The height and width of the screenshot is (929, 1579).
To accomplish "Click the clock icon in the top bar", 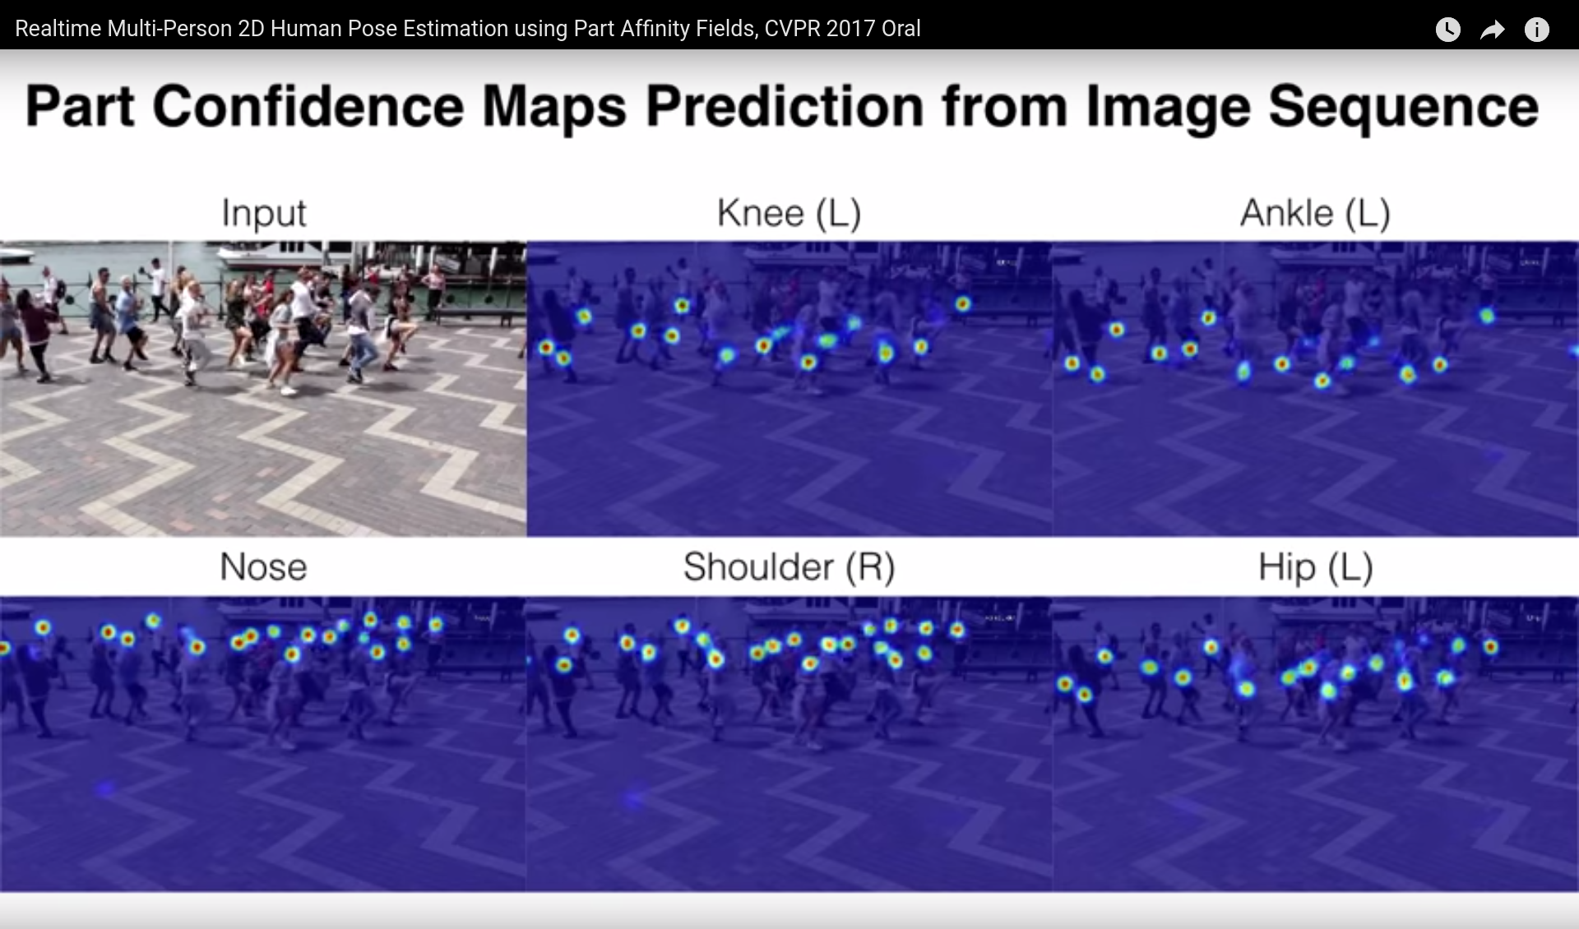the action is (x=1447, y=30).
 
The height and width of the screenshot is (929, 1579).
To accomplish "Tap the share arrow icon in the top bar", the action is (x=1492, y=30).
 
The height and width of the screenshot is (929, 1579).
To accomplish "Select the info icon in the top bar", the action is (x=1536, y=30).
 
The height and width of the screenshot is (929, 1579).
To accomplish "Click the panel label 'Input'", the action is (x=263, y=214).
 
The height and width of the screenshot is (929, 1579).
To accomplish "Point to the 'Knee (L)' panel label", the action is (x=789, y=213).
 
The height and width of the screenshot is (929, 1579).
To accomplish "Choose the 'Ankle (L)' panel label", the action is (x=1315, y=213).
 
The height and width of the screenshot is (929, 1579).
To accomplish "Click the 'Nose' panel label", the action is (x=263, y=567).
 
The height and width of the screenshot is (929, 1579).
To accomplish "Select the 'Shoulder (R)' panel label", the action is (x=789, y=567).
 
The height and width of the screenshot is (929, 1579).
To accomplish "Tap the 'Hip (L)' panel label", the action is (x=1315, y=567).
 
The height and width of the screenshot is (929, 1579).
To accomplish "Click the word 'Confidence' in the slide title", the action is (x=308, y=107).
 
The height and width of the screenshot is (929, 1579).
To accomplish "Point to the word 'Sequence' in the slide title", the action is (x=1403, y=109).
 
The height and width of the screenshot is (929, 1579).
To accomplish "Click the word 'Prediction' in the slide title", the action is (x=785, y=107).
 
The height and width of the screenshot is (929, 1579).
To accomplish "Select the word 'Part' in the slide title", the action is (x=79, y=107).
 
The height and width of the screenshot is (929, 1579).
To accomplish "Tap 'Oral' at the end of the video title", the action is (x=901, y=29).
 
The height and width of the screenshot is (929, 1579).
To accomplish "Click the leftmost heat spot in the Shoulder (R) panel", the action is (x=563, y=665).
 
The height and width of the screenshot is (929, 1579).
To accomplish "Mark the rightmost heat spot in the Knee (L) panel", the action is (x=962, y=304).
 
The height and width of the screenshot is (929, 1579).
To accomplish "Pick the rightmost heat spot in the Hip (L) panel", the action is (x=1490, y=647).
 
